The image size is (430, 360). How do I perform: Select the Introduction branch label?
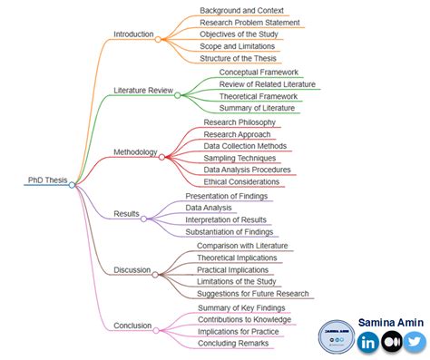133,34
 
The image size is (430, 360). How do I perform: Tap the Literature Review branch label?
142,90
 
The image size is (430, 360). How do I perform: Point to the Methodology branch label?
136,151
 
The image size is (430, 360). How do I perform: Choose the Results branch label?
126,214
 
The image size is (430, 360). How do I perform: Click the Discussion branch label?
132,269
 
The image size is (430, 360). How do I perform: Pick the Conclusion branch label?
132,325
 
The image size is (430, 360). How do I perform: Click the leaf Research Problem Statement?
249,23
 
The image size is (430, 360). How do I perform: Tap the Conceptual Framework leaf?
259,72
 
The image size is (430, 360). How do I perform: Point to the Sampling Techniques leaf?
239,157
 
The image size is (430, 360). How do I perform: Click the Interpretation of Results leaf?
226,219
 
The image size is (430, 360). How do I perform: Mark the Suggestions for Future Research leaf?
253,294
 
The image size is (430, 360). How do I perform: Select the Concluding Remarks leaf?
233,343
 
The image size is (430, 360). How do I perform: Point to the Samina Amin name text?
388,322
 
